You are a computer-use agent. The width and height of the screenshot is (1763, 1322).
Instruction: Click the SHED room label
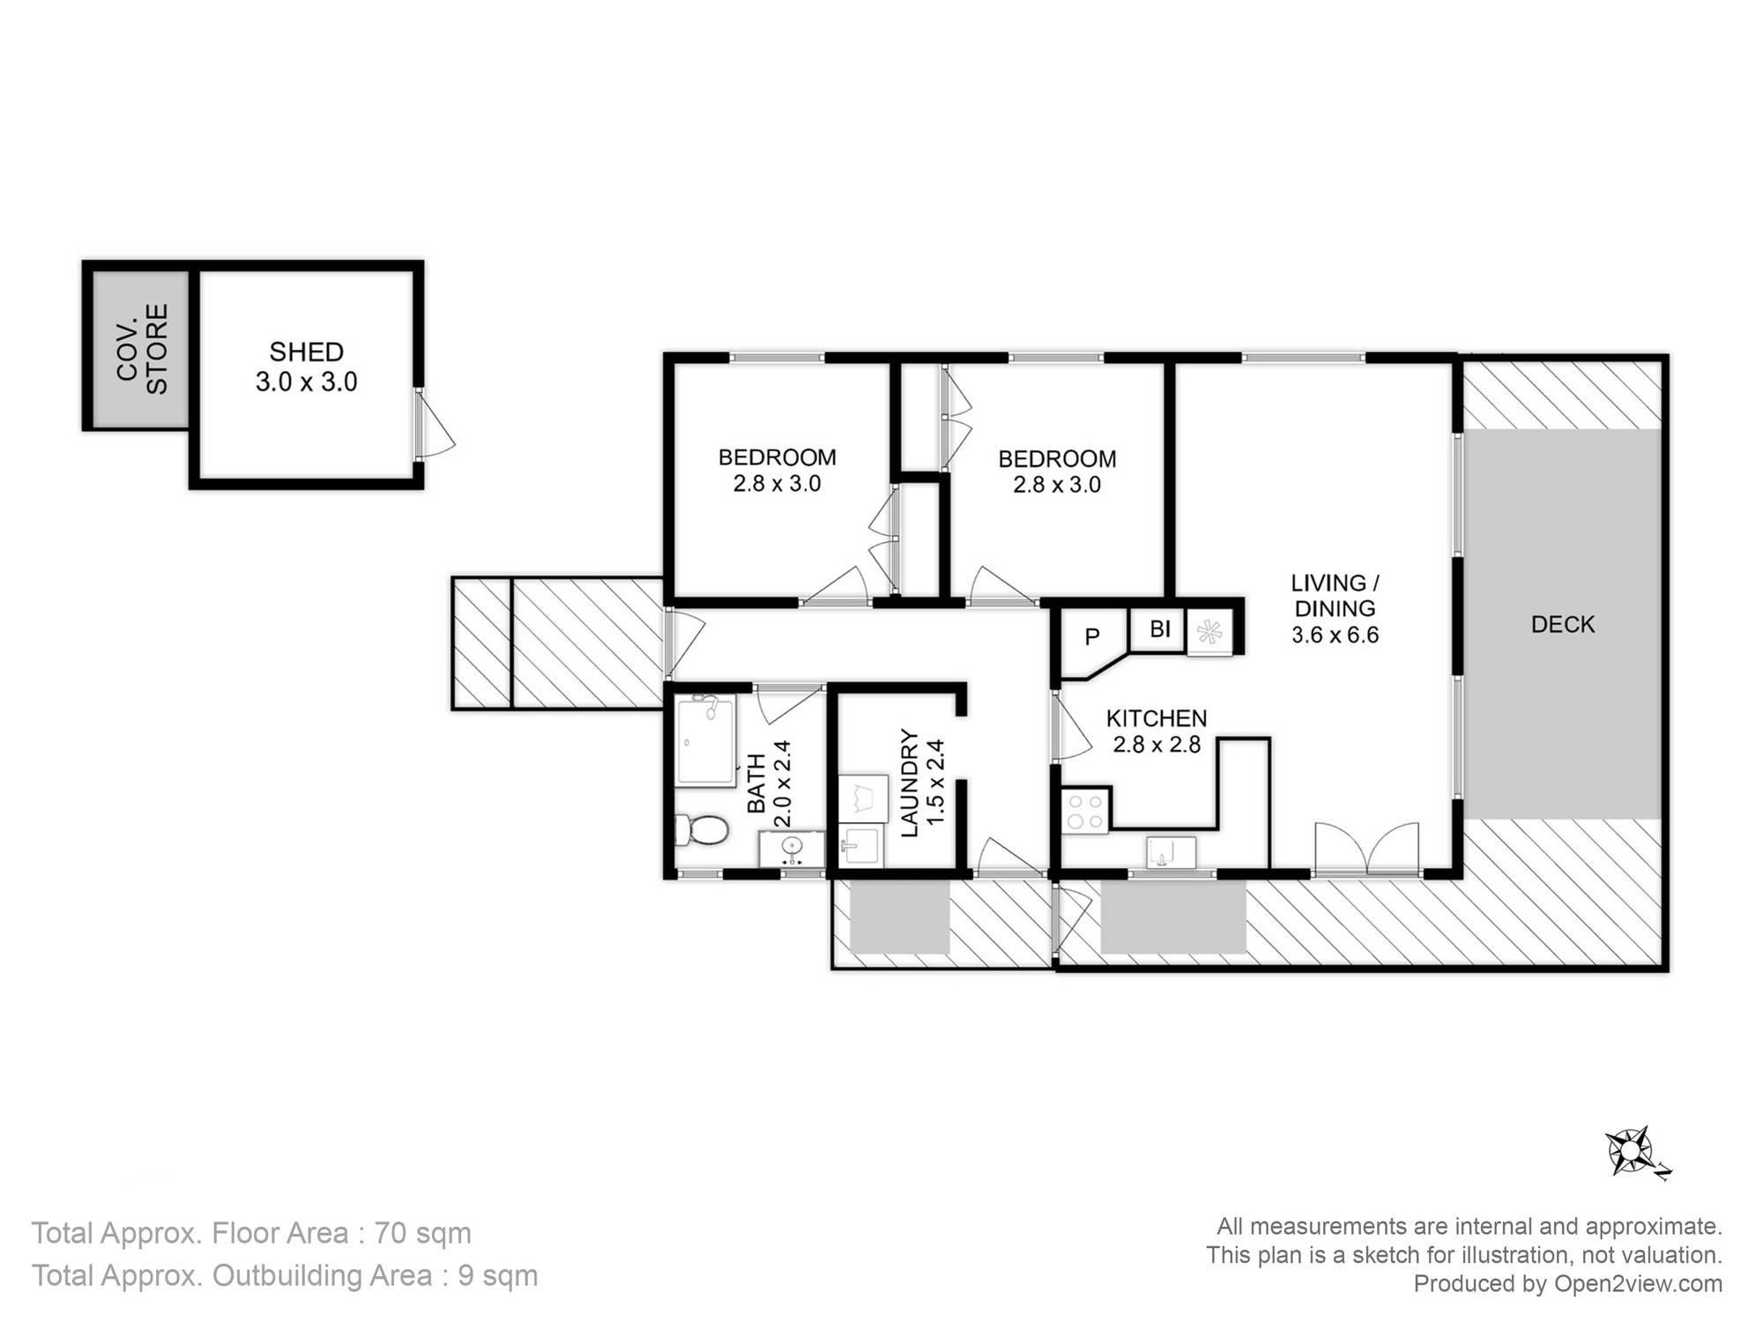pos(306,352)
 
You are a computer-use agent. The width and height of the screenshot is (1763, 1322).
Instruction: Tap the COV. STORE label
pos(142,349)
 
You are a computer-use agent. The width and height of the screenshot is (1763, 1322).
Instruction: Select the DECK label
pos(1563,624)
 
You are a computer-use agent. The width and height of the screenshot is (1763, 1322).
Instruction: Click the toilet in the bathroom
pos(702,829)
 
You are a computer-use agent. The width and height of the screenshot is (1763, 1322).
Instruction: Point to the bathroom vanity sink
pos(792,849)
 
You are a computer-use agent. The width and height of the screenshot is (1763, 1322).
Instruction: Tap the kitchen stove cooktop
pos(1085,812)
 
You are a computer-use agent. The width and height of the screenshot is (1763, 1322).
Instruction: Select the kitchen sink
pos(1171,852)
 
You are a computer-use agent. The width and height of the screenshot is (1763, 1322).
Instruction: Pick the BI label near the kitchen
pos(1160,628)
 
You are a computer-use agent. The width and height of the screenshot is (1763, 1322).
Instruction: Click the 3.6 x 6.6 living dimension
pos(1335,635)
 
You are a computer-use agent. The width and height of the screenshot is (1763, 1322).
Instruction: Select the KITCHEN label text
pos(1157,718)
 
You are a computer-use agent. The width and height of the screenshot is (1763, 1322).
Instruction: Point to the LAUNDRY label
pos(910,783)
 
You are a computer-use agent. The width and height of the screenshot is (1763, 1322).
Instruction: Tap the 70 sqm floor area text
pos(423,1233)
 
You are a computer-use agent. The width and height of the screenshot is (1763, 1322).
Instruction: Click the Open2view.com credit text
pos(1638,1283)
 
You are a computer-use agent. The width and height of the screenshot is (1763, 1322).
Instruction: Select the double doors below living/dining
pos(1367,848)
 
